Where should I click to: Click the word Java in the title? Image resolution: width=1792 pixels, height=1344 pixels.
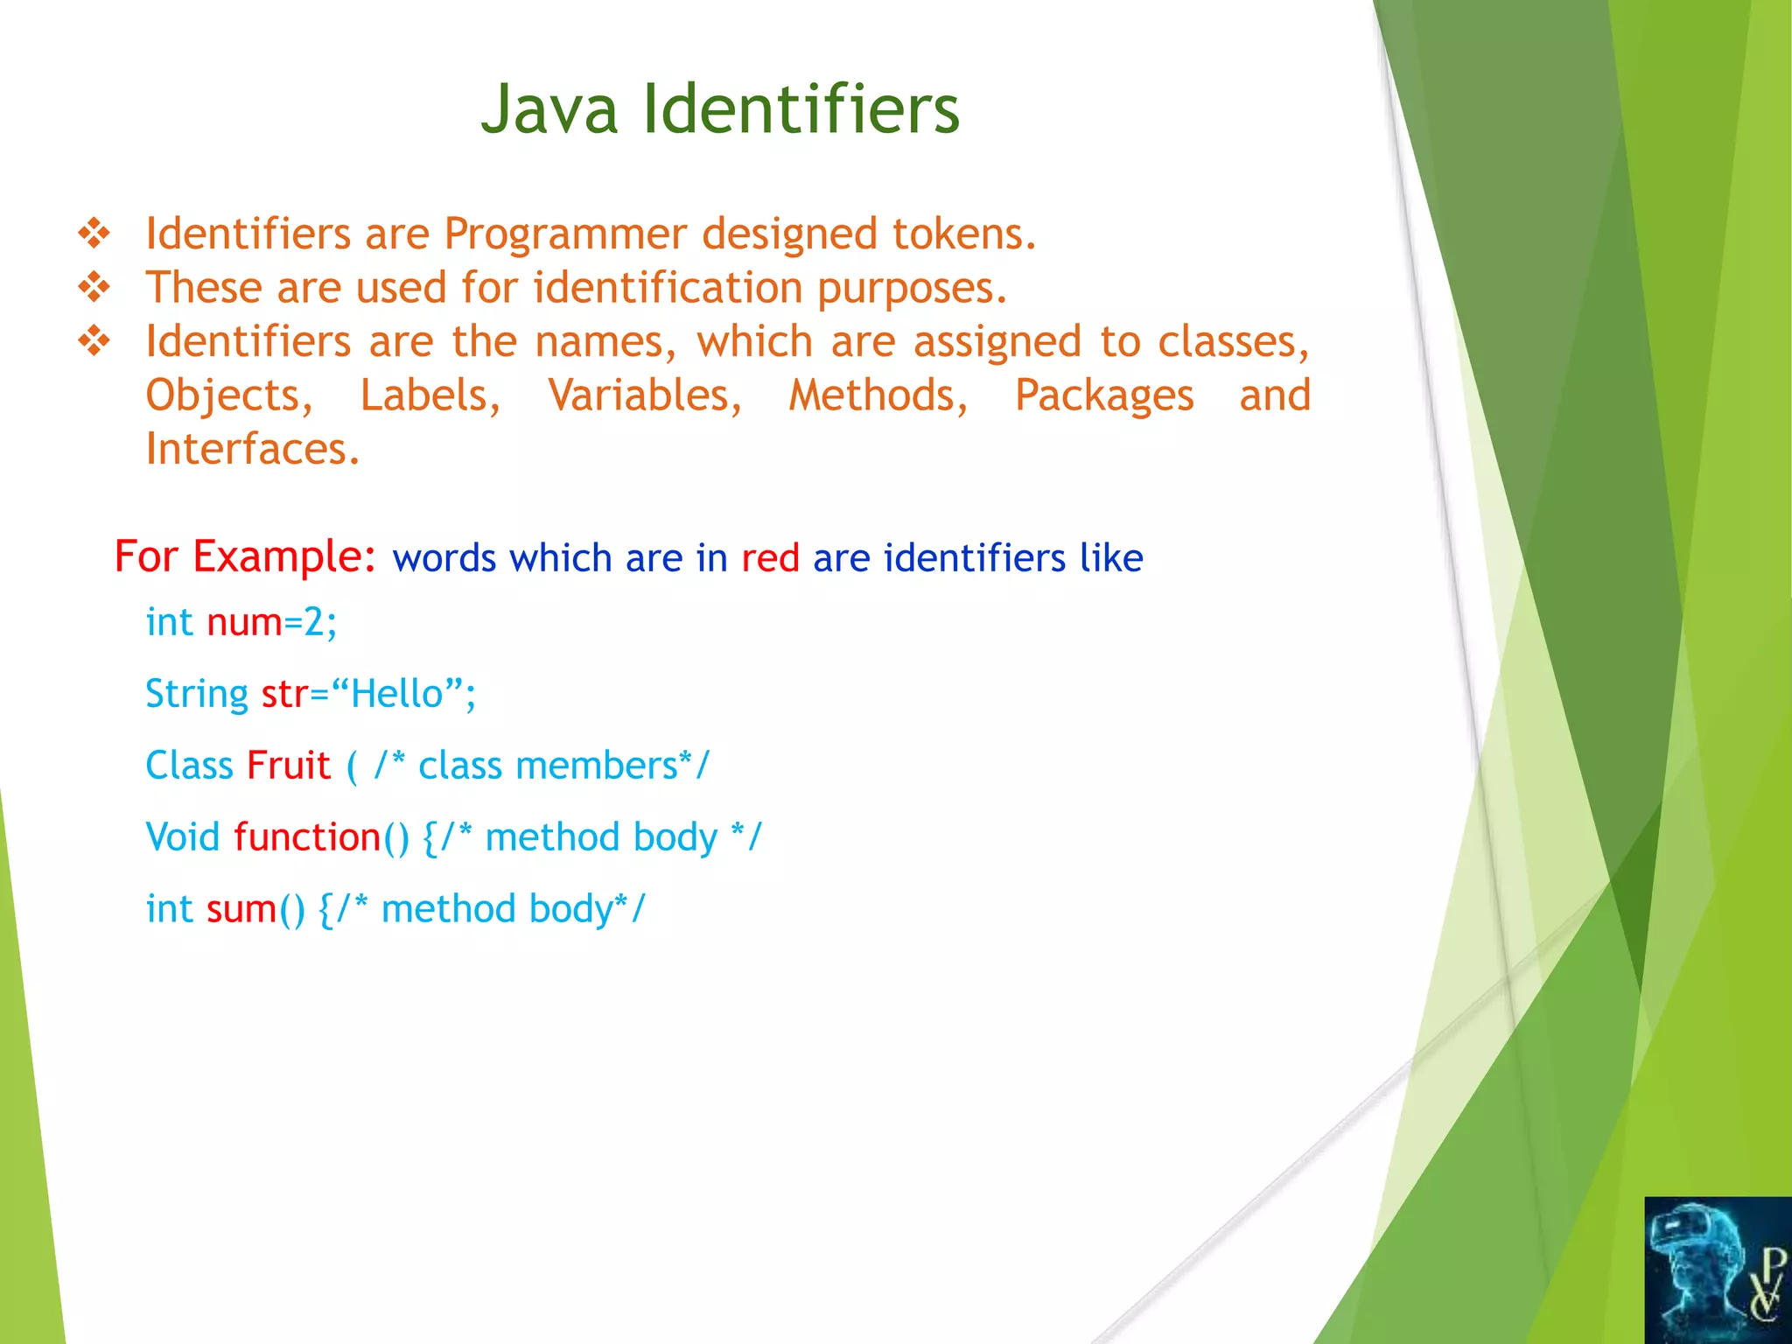[x=549, y=109]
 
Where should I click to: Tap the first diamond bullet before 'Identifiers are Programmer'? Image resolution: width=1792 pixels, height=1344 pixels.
[x=94, y=234]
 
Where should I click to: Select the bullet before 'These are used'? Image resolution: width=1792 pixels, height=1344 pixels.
[x=94, y=287]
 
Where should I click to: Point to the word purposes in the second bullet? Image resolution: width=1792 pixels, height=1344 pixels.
[x=912, y=289]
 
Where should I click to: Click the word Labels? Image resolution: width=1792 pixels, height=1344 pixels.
[x=430, y=395]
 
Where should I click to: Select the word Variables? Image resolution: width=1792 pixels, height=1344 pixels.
[x=645, y=395]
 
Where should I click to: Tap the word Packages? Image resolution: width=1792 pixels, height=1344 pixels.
[x=1104, y=395]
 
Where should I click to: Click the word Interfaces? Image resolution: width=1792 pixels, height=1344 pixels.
[x=252, y=449]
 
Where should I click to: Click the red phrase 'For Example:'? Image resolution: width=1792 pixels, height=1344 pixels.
[x=245, y=556]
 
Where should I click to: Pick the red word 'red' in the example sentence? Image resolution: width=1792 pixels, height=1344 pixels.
[x=770, y=558]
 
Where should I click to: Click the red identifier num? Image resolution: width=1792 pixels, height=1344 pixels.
[x=244, y=622]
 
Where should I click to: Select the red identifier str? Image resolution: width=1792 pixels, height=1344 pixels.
[x=284, y=694]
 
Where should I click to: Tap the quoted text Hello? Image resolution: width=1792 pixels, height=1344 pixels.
[x=397, y=694]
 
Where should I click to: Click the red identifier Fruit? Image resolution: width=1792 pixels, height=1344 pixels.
[x=288, y=766]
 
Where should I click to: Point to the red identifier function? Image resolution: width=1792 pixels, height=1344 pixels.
[x=306, y=837]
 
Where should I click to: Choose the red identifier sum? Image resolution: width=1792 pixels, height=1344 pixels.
[x=241, y=909]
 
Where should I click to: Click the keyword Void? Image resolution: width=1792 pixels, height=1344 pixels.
[x=183, y=837]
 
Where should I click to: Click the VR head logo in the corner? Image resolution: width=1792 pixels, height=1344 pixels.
[x=1717, y=1270]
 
